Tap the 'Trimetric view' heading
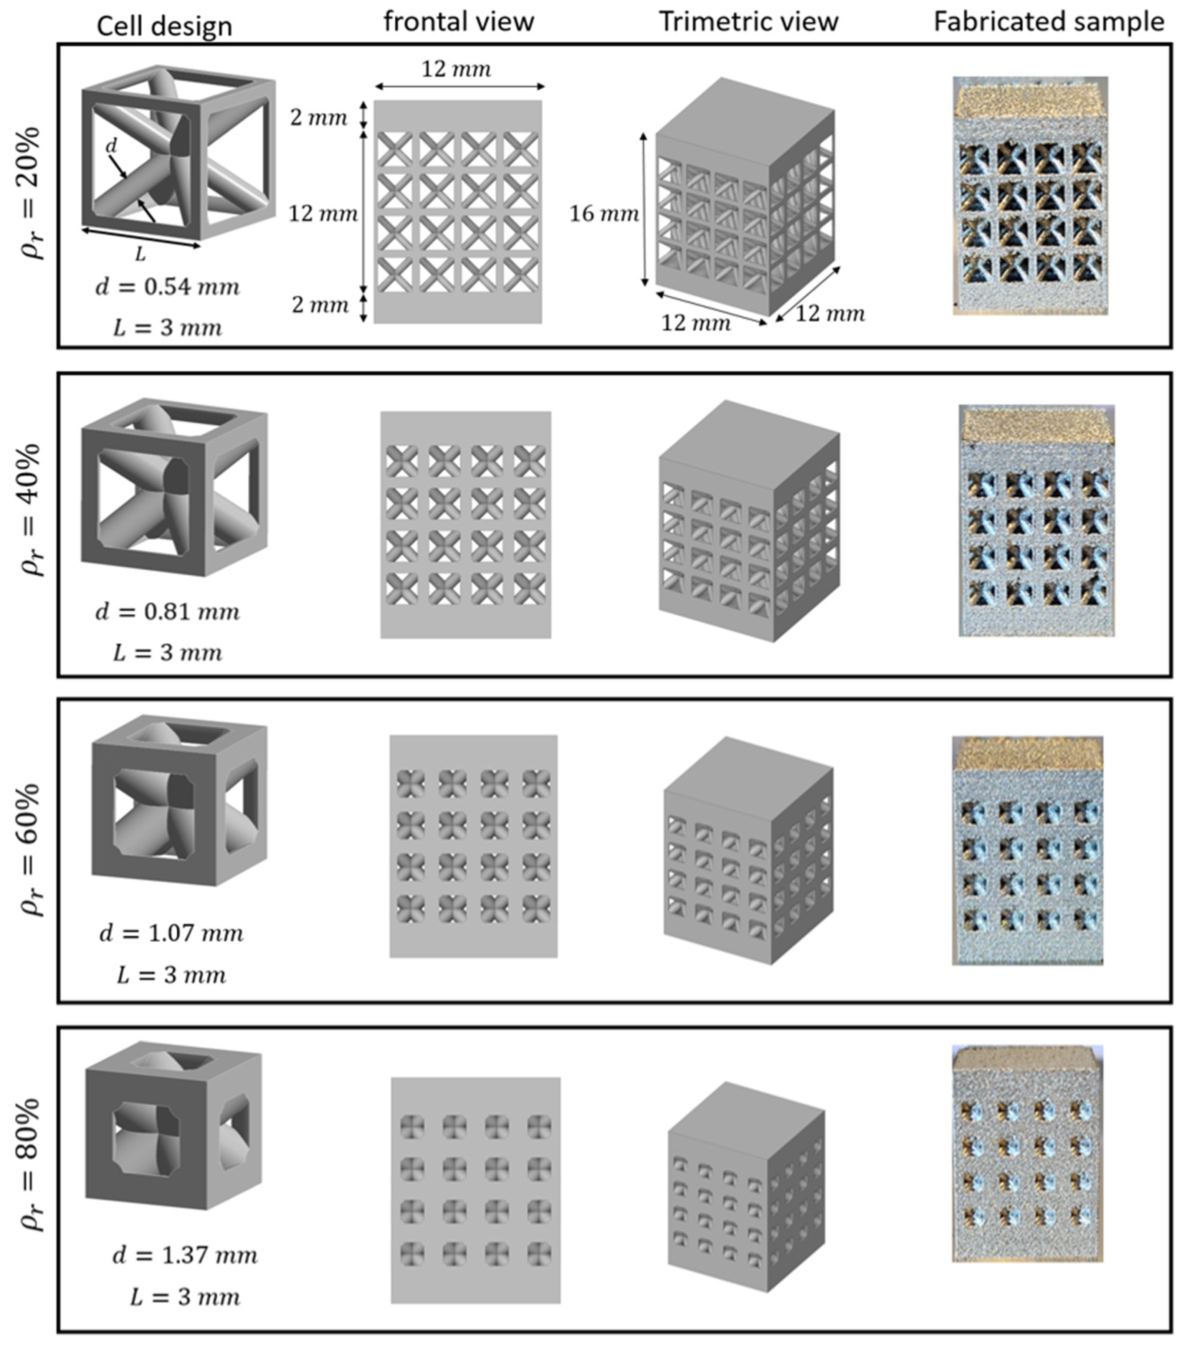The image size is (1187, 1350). [x=748, y=22]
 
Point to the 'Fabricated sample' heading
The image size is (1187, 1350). [x=1048, y=22]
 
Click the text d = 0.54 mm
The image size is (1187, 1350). [x=167, y=287]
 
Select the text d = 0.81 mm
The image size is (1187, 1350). [x=167, y=612]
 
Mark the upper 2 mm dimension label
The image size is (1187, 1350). [x=318, y=117]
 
